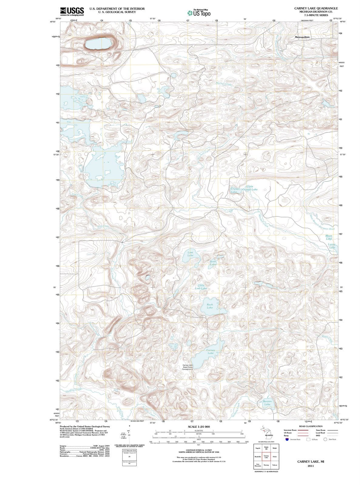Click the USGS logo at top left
tap(72, 11)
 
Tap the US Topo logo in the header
tap(199, 13)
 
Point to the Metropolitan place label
tap(302, 37)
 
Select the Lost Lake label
tap(190, 254)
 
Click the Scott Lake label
tap(213, 263)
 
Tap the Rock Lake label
tap(210, 306)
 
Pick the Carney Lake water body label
tap(210, 352)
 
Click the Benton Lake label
tap(267, 403)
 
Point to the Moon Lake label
tap(329, 237)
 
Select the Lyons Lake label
tap(332, 246)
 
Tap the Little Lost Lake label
tap(201, 287)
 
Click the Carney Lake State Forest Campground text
tap(187, 367)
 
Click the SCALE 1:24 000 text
tap(199, 426)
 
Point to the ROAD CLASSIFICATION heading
tap(311, 426)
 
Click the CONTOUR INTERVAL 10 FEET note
tap(199, 450)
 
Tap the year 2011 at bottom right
tap(311, 466)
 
